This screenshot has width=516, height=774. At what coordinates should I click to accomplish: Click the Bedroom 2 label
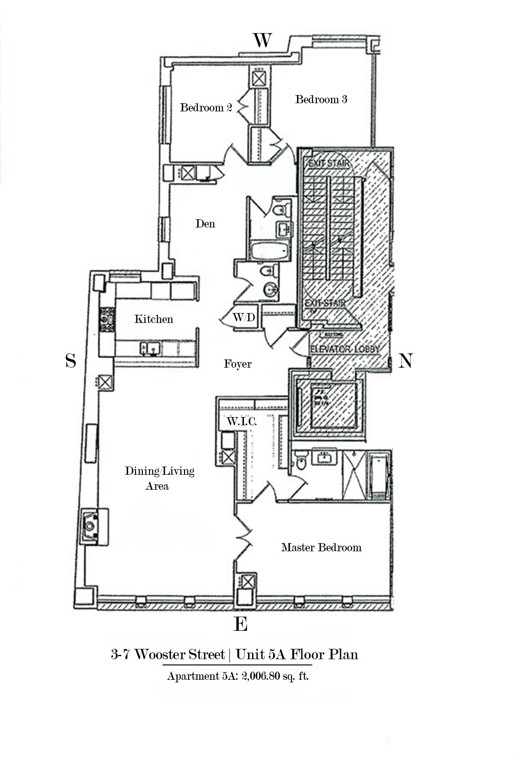tap(206, 107)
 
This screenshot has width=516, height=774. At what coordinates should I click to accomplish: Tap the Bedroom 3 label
tap(321, 99)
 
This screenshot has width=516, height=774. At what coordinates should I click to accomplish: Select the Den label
tap(205, 224)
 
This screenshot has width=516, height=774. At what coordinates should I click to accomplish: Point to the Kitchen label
tap(154, 319)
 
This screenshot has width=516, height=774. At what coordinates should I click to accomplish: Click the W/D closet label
tap(244, 317)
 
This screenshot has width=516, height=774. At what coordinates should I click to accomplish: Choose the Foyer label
tap(237, 364)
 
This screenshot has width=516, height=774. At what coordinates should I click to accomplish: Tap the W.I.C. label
tap(242, 421)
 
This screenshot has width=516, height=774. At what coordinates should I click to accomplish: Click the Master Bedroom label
tap(321, 547)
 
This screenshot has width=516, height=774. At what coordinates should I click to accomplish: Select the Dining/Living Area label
tap(159, 478)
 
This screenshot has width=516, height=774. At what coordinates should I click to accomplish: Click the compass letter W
tap(262, 40)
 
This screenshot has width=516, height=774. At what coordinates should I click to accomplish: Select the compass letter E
tap(240, 624)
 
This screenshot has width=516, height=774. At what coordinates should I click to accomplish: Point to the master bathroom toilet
tap(301, 463)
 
